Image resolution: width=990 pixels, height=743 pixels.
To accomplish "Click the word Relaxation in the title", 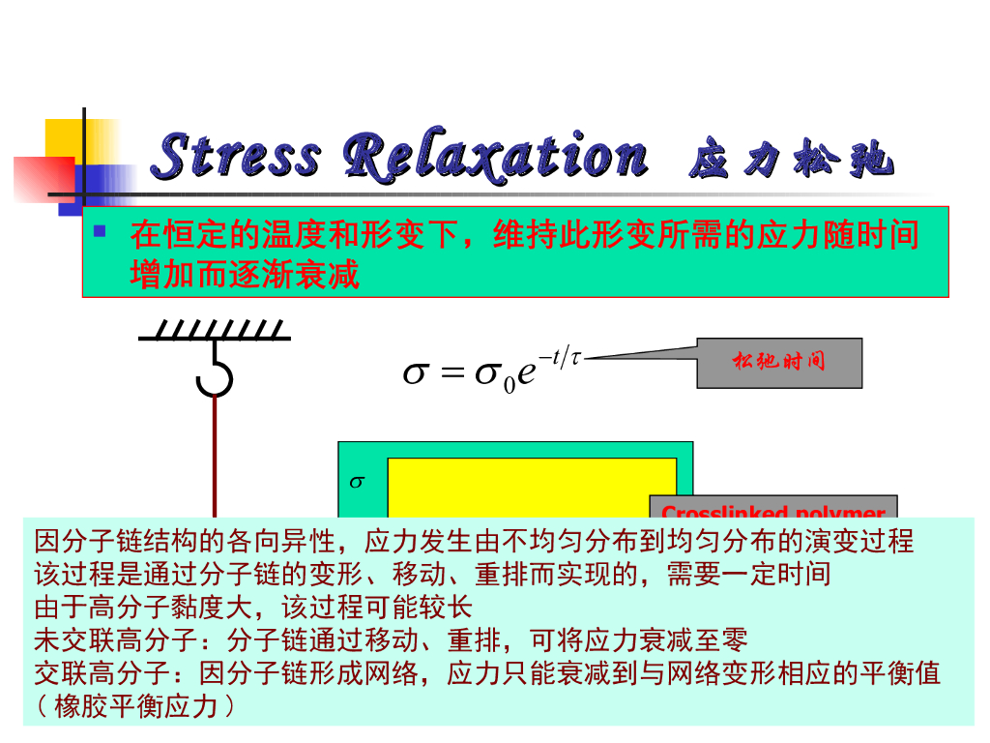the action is tap(494, 157).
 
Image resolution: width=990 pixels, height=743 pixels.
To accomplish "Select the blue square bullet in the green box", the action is tap(99, 232).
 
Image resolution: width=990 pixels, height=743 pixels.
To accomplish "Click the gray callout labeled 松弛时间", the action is tap(779, 363).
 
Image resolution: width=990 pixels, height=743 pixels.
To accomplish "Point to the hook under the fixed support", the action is tap(214, 376).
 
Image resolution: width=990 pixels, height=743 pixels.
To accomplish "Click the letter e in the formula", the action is tap(526, 374).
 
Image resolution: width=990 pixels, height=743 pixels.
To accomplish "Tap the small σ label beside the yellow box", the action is tap(356, 481).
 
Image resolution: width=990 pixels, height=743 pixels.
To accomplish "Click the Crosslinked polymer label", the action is tap(773, 510).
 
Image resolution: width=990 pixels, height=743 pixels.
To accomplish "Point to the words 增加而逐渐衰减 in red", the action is tap(244, 276).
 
